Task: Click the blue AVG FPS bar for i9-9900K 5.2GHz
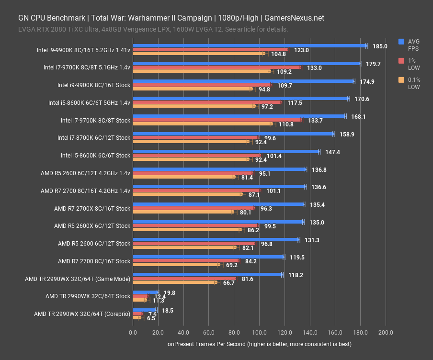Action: (249, 46)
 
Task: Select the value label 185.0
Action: (379, 46)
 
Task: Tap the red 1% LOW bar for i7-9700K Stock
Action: (217, 120)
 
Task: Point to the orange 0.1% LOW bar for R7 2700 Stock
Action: (176, 265)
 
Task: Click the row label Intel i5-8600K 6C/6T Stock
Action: (95, 155)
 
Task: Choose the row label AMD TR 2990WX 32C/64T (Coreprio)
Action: (82, 314)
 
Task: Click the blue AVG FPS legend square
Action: (401, 42)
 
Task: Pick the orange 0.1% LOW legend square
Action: (401, 80)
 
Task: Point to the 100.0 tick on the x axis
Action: (259, 332)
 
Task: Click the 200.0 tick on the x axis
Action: (386, 332)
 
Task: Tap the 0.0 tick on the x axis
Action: (133, 332)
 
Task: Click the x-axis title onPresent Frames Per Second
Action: (259, 344)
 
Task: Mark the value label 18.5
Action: (168, 310)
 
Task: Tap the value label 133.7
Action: (314, 120)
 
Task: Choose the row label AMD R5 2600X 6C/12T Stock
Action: (92, 225)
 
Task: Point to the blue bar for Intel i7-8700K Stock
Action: (233, 134)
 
